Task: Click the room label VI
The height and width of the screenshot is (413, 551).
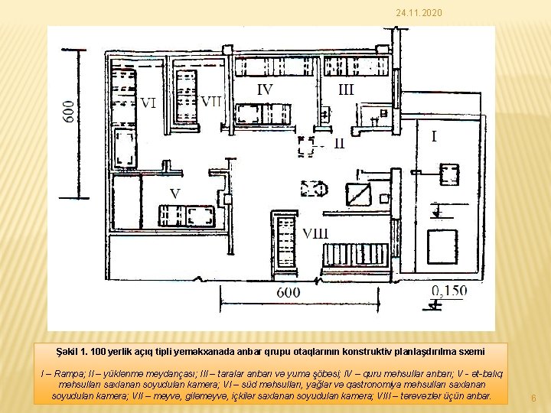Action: pos(148,103)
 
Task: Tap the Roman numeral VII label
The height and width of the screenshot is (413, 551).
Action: pos(211,102)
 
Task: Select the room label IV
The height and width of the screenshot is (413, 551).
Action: pos(265,89)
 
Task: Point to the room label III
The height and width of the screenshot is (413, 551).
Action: pos(346,89)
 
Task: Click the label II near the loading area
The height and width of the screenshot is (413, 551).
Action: pos(339,143)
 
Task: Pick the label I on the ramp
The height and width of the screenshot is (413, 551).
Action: pos(434,136)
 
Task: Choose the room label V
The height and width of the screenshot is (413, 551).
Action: pos(175,193)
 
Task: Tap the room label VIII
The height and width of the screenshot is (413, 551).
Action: pos(315,233)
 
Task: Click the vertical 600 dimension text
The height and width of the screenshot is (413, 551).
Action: pos(69,112)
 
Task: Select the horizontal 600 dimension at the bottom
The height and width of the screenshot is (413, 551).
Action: pos(289,292)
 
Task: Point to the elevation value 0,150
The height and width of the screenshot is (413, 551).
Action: pos(449,291)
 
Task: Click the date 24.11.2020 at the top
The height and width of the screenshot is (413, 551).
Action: pos(419,13)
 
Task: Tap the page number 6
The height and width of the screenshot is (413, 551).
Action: pos(533,398)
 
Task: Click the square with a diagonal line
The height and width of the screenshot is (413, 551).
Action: pos(358,194)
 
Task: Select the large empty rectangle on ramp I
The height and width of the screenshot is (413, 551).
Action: pos(442,247)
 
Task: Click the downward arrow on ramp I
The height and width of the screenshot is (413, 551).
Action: pos(437,210)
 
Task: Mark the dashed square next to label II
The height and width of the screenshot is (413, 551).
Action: pos(305,146)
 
